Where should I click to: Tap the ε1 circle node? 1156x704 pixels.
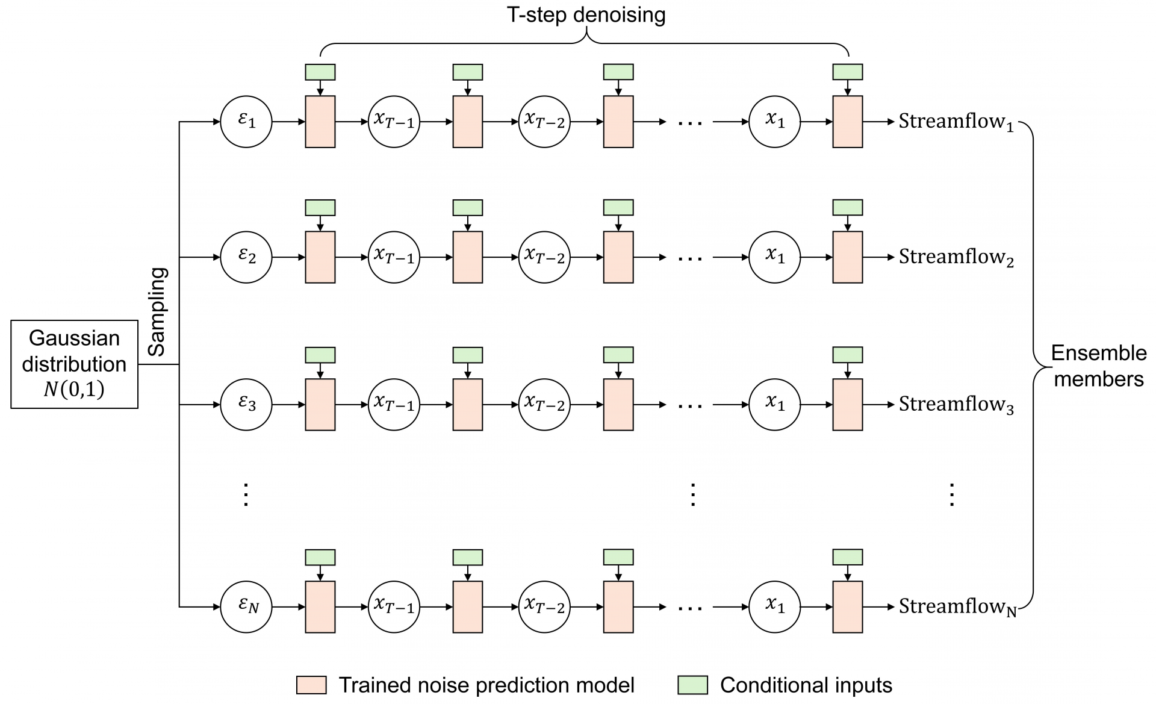(246, 122)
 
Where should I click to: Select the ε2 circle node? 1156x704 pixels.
(246, 257)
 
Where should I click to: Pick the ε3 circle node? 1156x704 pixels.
(246, 404)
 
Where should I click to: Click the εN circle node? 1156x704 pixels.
(246, 606)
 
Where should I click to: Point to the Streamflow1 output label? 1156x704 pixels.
(956, 122)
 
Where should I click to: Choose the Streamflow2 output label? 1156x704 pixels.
(956, 258)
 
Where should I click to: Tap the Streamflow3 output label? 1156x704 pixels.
(956, 405)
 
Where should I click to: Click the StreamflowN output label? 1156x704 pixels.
(957, 607)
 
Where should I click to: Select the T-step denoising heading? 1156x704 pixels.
(586, 14)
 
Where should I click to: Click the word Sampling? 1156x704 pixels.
(157, 312)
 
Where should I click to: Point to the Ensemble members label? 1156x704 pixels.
(1099, 366)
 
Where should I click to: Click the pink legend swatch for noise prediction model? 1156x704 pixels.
(311, 685)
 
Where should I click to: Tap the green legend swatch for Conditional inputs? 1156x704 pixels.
(692, 685)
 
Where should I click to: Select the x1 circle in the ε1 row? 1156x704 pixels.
(775, 122)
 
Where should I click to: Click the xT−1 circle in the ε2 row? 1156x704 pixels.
(394, 257)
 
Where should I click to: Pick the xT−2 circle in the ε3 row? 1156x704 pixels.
(544, 404)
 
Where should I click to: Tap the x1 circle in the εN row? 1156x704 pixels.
(775, 606)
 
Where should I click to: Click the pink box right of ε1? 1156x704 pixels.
(320, 122)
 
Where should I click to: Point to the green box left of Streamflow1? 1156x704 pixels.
(847, 72)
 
